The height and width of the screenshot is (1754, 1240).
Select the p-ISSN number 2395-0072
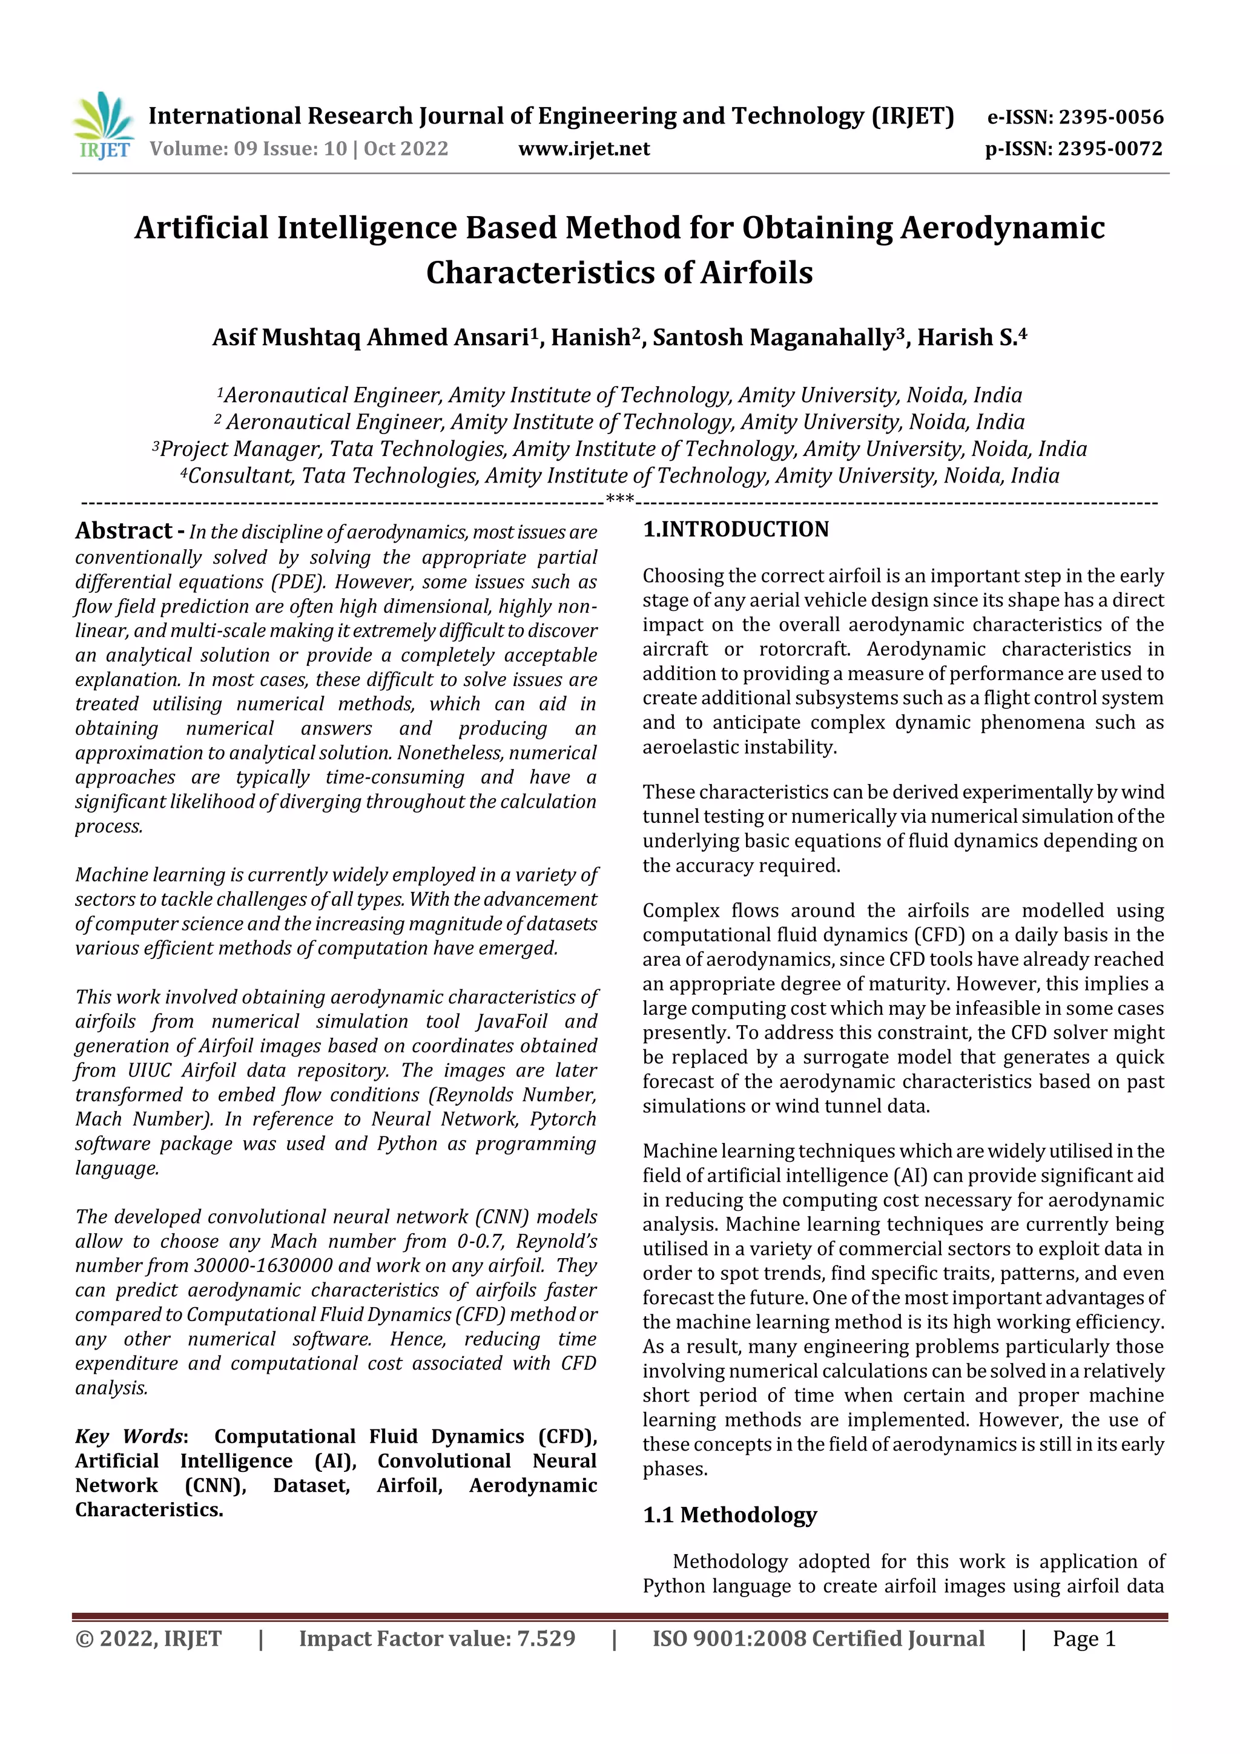coord(1110,149)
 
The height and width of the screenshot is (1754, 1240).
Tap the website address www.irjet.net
coord(584,149)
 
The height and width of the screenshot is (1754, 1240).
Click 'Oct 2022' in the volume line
coord(406,149)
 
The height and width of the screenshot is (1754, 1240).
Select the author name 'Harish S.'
coord(966,338)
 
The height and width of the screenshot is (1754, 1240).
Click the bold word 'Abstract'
coord(124,531)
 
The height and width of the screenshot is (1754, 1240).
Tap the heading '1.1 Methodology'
coord(730,1515)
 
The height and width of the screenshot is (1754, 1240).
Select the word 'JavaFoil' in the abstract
coord(511,1021)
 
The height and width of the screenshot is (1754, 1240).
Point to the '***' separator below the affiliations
coord(619,500)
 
